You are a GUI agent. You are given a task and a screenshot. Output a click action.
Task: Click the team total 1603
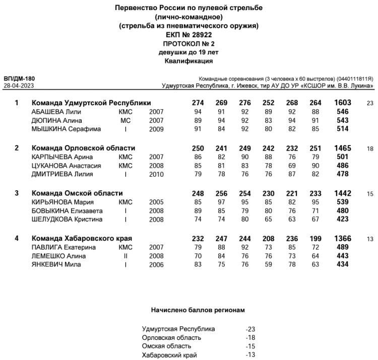342,103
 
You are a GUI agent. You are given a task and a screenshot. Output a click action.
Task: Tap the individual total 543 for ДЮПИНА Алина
343,121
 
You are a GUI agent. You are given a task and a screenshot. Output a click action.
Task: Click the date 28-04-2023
19,86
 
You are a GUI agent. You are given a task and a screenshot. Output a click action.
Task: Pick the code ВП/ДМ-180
19,79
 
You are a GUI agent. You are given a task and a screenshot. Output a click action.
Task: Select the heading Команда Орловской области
83,148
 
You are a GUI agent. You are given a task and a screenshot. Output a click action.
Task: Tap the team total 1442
342,193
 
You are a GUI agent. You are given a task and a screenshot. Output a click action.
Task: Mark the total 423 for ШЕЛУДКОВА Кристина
343,220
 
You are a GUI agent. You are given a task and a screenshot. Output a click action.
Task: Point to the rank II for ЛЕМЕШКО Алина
125,256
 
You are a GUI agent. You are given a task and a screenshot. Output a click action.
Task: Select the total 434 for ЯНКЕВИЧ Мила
343,265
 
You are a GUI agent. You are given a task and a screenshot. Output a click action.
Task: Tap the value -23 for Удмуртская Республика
250,329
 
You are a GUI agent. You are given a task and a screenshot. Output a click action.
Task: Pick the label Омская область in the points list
167,346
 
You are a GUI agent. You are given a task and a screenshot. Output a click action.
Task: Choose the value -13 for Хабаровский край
250,354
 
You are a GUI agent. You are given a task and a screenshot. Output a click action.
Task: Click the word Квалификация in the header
189,61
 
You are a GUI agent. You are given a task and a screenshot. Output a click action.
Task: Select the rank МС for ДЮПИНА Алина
125,121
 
